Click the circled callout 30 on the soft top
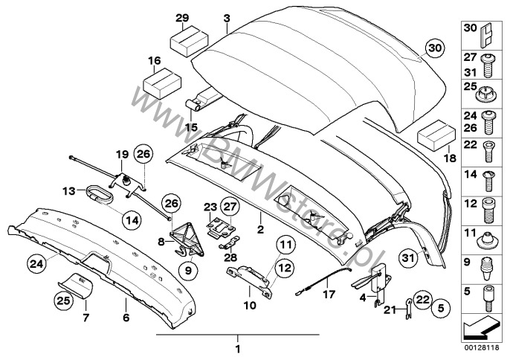(433, 48)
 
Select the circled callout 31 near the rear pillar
(407, 257)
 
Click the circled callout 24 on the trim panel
(36, 262)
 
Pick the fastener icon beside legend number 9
(489, 265)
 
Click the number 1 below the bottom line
(238, 348)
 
